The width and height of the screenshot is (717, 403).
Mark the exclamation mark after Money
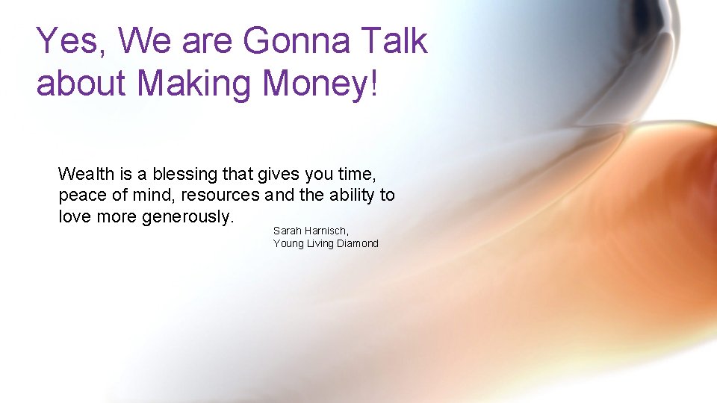tap(375, 84)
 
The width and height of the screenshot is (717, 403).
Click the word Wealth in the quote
tap(86, 175)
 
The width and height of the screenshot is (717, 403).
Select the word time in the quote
tap(358, 175)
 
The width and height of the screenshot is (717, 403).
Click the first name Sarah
tap(288, 231)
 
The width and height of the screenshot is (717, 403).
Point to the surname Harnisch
tap(327, 231)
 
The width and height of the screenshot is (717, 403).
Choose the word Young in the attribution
tap(288, 244)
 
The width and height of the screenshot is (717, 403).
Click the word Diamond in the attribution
tap(357, 243)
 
